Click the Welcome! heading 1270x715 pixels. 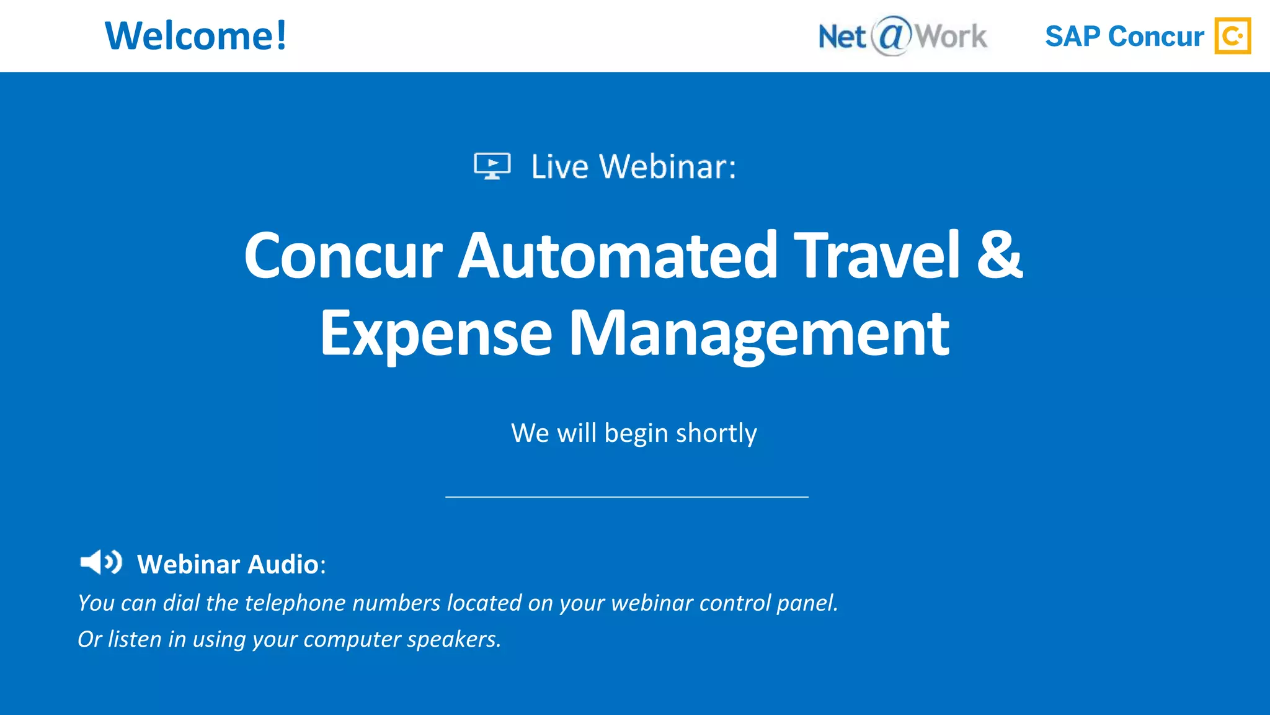(195, 36)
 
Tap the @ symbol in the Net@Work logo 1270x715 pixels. (892, 35)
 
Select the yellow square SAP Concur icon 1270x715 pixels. (1232, 36)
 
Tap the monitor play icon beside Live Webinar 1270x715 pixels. (492, 166)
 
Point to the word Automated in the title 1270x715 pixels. (618, 256)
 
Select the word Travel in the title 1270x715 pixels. (878, 256)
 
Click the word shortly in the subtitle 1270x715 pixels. (716, 433)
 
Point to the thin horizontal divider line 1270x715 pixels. (626, 497)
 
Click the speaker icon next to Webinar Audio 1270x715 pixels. (101, 562)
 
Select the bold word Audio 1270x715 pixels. (283, 565)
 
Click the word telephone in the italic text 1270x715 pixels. (295, 603)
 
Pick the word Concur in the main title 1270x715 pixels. (343, 256)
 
